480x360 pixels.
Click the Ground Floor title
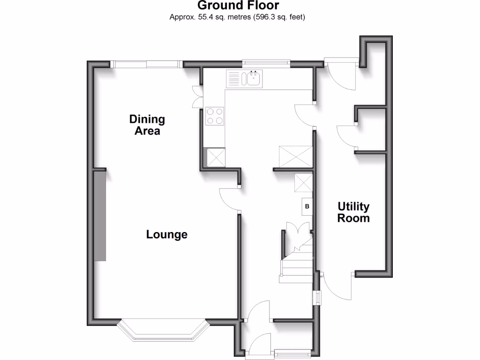(x=238, y=6)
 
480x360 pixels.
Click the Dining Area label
(x=147, y=125)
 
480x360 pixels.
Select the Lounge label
(x=167, y=234)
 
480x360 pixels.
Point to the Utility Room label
(x=353, y=212)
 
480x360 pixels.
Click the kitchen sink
(x=253, y=78)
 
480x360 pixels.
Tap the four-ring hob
(x=215, y=116)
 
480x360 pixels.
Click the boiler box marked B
(x=307, y=206)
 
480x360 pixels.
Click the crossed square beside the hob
(x=215, y=157)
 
